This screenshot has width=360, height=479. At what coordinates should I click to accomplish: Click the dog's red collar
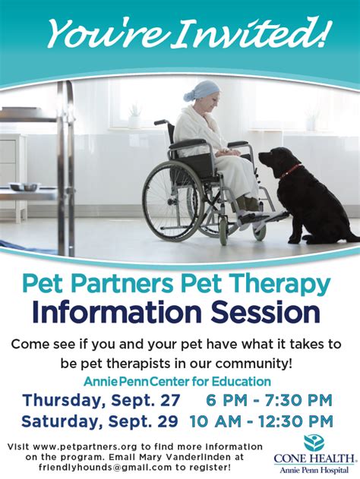[x=291, y=171]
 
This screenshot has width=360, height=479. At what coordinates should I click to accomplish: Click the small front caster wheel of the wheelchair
[x=224, y=234]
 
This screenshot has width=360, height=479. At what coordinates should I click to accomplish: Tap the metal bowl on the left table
[x=24, y=186]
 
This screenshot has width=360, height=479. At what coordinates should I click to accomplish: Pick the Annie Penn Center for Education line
[x=177, y=382]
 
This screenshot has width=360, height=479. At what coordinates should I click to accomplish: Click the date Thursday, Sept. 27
[x=102, y=401]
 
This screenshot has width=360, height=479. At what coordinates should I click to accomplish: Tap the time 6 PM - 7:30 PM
[x=269, y=400]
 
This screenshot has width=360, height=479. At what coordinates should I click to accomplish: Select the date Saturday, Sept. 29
[x=99, y=421]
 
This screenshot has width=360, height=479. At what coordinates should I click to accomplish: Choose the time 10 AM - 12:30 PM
[x=261, y=421]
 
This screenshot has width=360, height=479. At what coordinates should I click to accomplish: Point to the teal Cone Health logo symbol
[x=314, y=443]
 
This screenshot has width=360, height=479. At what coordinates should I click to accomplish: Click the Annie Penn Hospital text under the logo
[x=314, y=470]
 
